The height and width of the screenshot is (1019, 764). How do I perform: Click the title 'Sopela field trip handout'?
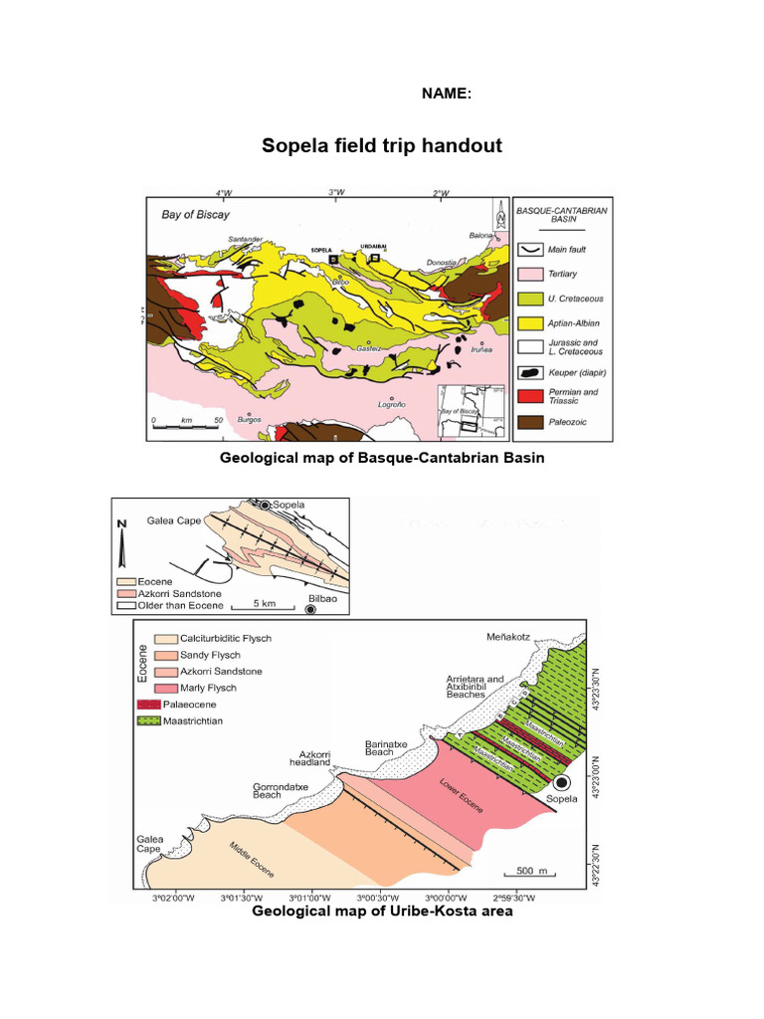(x=382, y=146)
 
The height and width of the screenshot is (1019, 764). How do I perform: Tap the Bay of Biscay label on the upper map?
(x=196, y=215)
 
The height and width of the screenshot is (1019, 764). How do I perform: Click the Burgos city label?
(x=250, y=420)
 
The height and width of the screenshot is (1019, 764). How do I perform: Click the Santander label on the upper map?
(x=245, y=240)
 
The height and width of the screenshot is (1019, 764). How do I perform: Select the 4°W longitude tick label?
(x=224, y=193)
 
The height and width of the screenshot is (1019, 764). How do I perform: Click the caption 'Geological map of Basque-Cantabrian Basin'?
(x=382, y=458)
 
